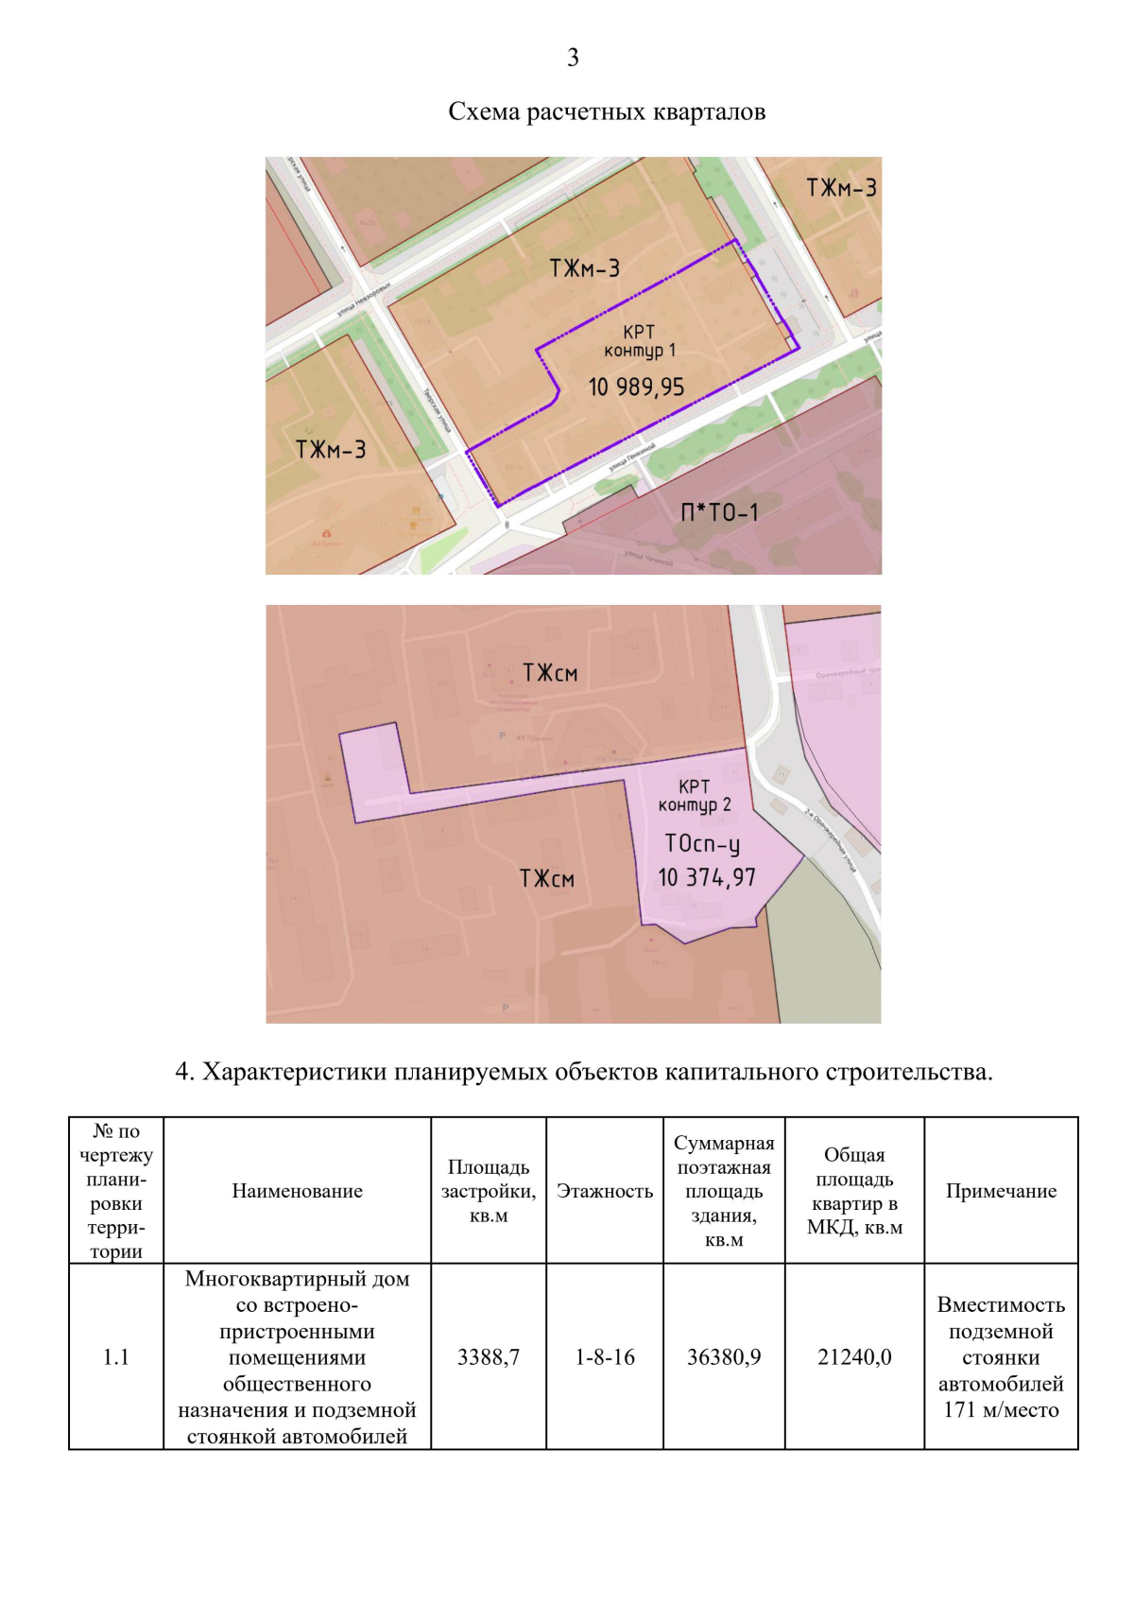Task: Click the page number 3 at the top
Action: [573, 59]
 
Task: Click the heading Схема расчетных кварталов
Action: [607, 112]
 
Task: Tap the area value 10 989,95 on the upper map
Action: [636, 388]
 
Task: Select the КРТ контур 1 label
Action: [640, 341]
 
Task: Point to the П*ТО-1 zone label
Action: [719, 513]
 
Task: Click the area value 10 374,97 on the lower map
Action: [707, 878]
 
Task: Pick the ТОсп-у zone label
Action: [702, 843]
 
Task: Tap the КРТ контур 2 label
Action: [695, 796]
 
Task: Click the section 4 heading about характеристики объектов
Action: [584, 1072]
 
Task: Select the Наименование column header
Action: [297, 1191]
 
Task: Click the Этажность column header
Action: [605, 1191]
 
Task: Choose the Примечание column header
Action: [1001, 1191]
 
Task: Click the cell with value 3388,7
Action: [489, 1357]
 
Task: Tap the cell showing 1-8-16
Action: [605, 1357]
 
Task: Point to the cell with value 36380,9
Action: [724, 1357]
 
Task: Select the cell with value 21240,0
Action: [854, 1357]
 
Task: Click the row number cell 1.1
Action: [116, 1357]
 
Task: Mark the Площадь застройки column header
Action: [489, 1191]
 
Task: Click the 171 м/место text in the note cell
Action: [1001, 1410]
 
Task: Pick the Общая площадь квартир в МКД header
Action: [854, 1191]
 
